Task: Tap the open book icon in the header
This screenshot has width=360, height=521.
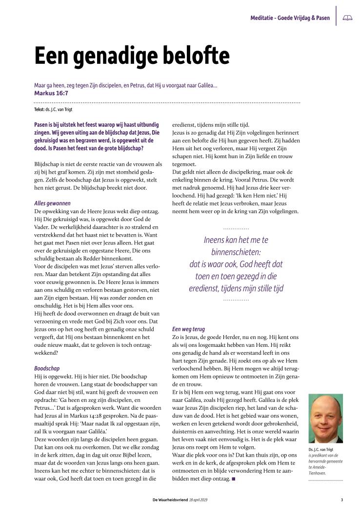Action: click(347, 18)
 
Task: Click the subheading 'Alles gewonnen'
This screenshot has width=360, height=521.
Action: click(52, 202)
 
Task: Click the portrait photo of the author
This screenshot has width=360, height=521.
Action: click(326, 418)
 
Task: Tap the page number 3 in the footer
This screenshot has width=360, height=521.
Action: click(342, 499)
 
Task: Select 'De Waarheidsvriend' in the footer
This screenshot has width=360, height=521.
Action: click(170, 499)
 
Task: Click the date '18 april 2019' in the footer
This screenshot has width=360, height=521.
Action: click(198, 499)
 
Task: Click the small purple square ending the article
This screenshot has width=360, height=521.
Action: click(234, 479)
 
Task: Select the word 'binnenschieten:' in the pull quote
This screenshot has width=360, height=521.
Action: click(236, 252)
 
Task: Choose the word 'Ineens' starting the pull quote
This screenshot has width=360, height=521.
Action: click(215, 240)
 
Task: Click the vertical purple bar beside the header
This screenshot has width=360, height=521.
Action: click(336, 16)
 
